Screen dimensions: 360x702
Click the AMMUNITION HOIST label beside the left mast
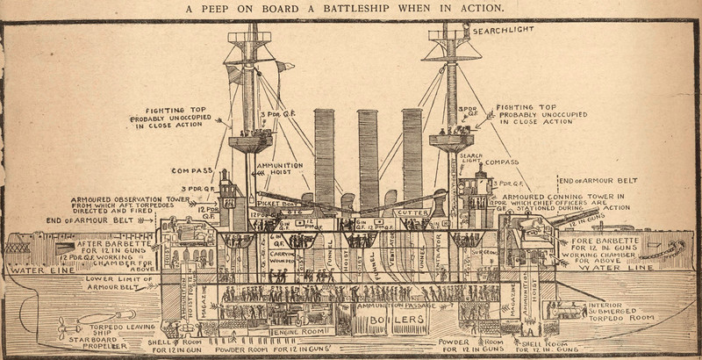281,169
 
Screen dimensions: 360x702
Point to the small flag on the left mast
283,66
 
